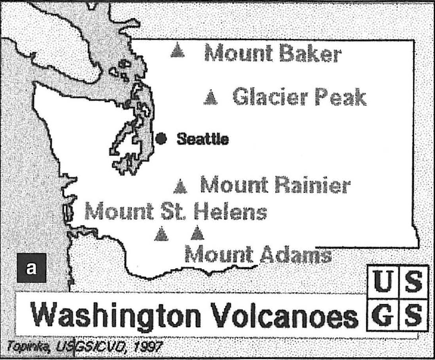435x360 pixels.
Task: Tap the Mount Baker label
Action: tap(273, 54)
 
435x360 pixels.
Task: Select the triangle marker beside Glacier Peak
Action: tap(212, 97)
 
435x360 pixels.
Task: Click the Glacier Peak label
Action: tap(299, 97)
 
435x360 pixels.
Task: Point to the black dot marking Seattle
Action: tap(160, 139)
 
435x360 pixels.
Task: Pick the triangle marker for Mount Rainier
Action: tap(181, 186)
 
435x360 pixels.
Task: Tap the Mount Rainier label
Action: tap(275, 186)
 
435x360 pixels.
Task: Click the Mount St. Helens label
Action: tap(176, 211)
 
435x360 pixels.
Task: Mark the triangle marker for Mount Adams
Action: tap(197, 233)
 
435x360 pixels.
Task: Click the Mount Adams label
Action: tap(258, 254)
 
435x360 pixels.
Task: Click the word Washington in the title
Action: tap(117, 316)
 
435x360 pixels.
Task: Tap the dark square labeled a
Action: tap(32, 268)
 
